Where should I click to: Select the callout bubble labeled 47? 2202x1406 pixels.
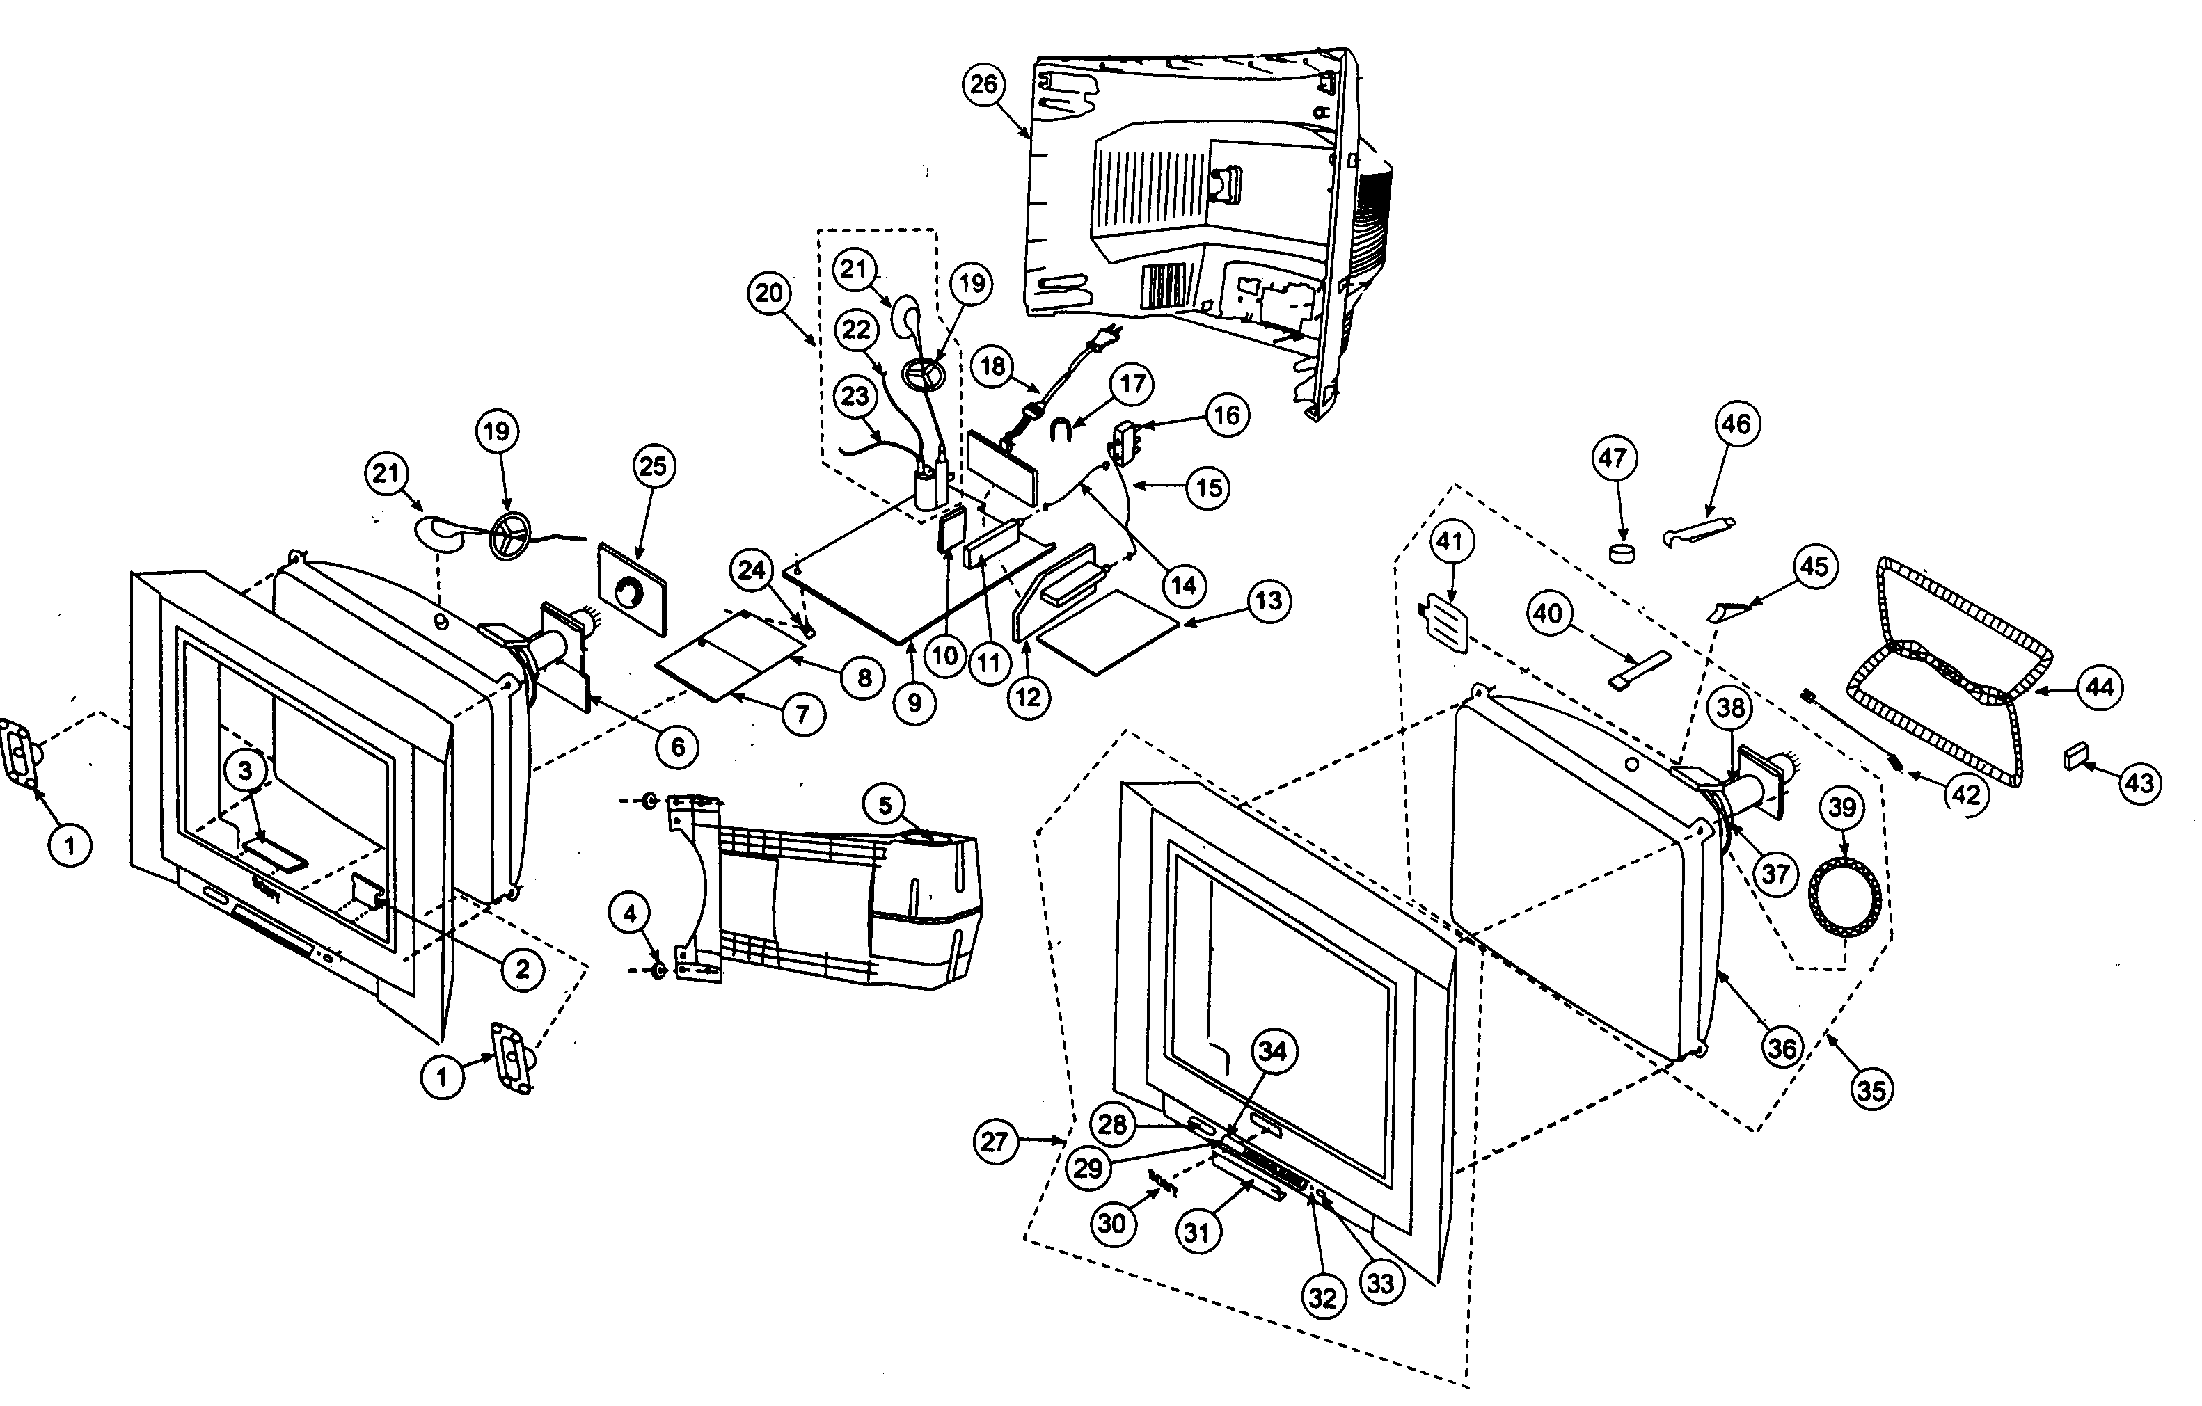pos(1613,457)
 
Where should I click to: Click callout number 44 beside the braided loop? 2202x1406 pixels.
pos(2099,687)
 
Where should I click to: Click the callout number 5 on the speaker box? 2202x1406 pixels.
pos(885,806)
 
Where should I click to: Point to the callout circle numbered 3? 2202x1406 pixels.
pos(245,771)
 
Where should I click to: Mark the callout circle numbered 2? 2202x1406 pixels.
pos(522,969)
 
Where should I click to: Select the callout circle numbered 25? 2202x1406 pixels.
pos(652,466)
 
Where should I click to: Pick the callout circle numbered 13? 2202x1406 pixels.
pos(1268,602)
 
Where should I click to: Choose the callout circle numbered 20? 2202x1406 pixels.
pos(769,294)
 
